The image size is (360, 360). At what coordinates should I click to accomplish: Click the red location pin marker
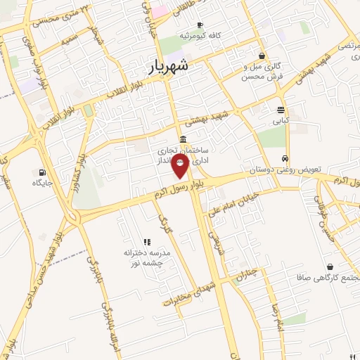click(x=181, y=167)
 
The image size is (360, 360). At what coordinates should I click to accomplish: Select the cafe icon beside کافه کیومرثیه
click(x=200, y=25)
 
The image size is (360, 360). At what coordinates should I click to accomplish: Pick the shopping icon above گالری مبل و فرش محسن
click(x=262, y=56)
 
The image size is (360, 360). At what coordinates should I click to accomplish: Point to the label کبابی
click(x=281, y=120)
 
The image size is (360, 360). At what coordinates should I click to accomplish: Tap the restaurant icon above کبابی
click(x=281, y=110)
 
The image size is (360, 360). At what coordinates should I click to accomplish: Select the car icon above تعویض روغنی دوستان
click(x=285, y=159)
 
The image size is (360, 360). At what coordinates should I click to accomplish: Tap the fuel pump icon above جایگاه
click(x=43, y=172)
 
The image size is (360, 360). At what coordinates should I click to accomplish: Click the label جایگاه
click(x=43, y=183)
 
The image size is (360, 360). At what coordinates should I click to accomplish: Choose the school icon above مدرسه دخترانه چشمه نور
click(x=147, y=242)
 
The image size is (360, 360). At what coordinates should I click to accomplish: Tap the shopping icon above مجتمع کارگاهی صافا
click(x=330, y=266)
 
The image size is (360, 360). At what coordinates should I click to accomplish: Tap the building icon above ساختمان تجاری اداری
click(x=183, y=139)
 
